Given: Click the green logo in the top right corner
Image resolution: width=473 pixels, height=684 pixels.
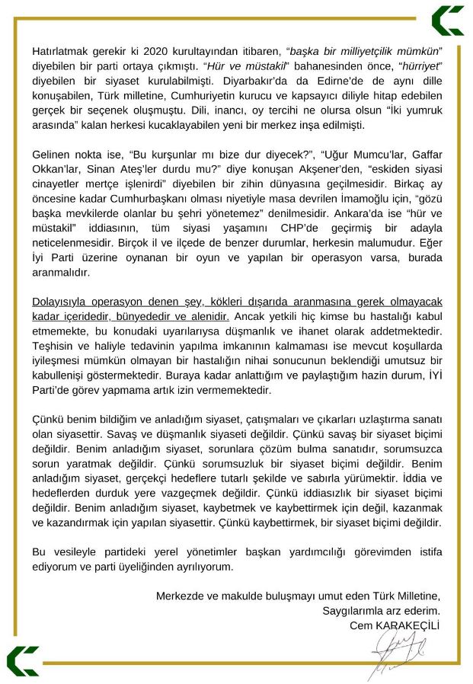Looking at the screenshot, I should point(447,21).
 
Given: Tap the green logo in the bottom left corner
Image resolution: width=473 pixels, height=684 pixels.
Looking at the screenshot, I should point(22,661).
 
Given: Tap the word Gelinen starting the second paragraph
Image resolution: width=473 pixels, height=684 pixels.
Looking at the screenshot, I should point(52,153).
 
